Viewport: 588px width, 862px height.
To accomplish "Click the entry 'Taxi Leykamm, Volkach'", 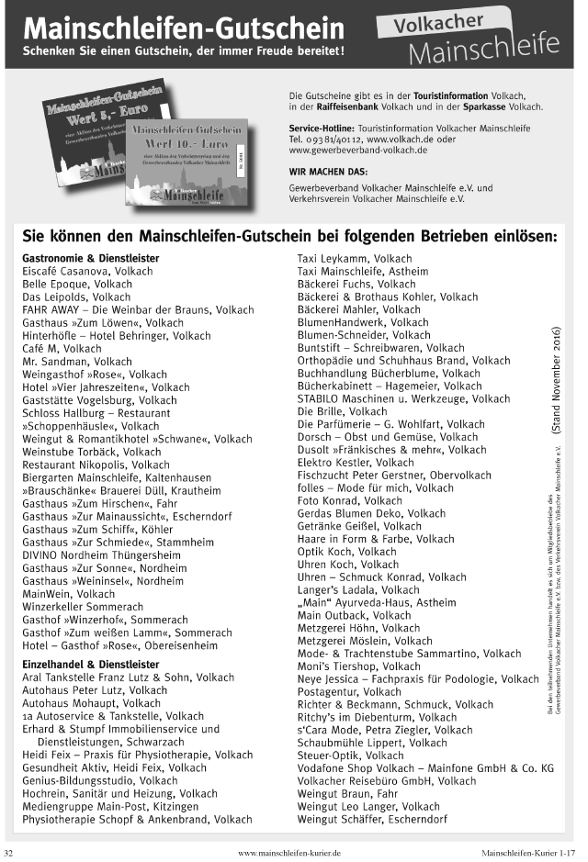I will (355, 259).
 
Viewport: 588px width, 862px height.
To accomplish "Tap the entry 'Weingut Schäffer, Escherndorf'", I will (372, 819).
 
